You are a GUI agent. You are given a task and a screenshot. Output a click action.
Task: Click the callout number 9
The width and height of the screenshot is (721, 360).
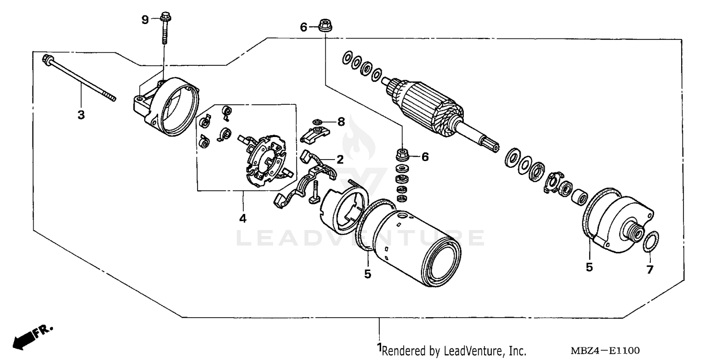coord(145,20)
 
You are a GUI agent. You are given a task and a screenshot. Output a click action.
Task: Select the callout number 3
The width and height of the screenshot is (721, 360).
coord(81,115)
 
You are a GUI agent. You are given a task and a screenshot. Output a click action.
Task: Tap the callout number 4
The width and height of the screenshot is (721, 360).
coord(243,219)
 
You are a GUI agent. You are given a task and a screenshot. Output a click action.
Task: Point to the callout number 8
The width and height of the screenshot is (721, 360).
coord(341,122)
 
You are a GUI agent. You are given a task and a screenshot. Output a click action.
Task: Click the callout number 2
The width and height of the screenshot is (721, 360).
coord(339,160)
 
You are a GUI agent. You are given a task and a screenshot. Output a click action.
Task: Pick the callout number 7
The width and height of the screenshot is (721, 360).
coord(650,270)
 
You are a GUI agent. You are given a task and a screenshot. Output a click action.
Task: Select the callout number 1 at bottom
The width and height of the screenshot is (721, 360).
coord(379,347)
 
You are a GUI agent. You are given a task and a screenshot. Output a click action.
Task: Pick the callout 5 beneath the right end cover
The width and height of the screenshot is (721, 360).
coord(589,267)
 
